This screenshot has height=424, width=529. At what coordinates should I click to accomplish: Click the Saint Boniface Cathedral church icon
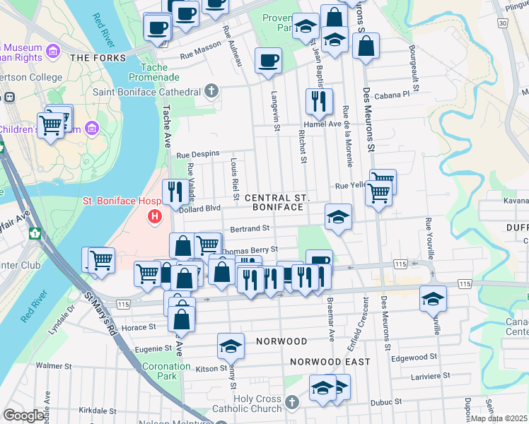click(x=211, y=91)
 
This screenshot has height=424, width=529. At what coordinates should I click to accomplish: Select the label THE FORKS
click(x=98, y=58)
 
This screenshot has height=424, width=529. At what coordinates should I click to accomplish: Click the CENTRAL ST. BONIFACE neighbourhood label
click(x=274, y=203)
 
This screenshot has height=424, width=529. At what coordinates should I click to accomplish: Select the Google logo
click(x=23, y=416)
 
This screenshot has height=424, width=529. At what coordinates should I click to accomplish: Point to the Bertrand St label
click(x=251, y=229)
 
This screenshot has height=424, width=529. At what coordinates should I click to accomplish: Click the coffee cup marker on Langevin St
click(x=268, y=60)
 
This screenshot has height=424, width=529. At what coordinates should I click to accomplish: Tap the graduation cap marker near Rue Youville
click(x=433, y=298)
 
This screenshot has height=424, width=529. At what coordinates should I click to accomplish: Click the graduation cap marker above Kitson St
click(x=231, y=346)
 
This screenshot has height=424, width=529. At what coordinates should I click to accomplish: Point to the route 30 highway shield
click(x=502, y=23)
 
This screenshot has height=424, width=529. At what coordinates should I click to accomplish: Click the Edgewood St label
click(x=419, y=358)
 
